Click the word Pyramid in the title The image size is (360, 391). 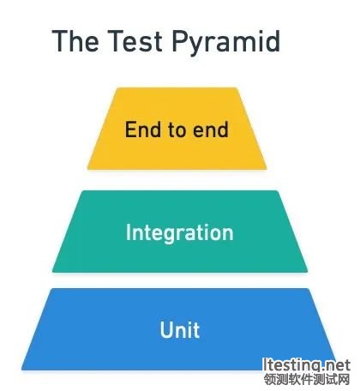click(225, 43)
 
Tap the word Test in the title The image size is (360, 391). click(135, 40)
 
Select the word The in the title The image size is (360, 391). click(75, 40)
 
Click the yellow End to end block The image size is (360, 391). click(177, 129)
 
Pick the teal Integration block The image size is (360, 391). click(180, 232)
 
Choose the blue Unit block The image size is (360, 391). click(179, 329)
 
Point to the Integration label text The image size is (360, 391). click(180, 233)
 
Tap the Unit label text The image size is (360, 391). click(180, 330)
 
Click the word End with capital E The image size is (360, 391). click(142, 129)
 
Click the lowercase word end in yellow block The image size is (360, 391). click(211, 129)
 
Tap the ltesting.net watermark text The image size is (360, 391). click(306, 365)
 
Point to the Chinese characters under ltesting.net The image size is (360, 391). click(307, 380)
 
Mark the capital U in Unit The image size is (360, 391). click(167, 330)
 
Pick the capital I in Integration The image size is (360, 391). click(128, 232)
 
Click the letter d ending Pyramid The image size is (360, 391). click(273, 40)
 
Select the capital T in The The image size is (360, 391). click(61, 40)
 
